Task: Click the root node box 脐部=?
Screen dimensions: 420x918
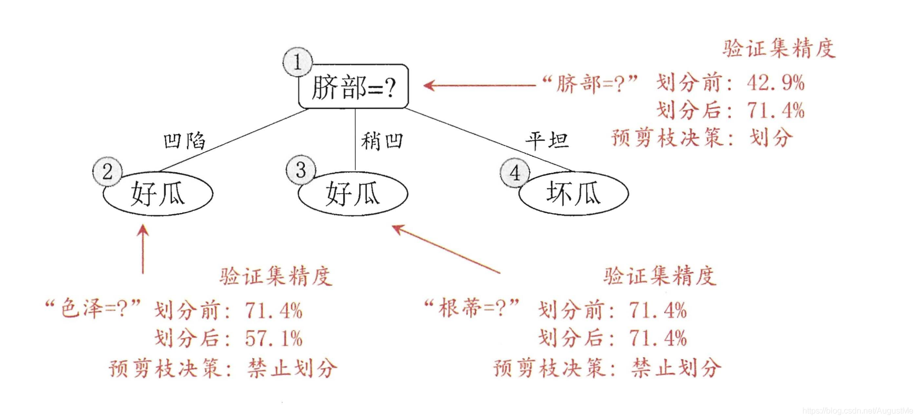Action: pos(353,87)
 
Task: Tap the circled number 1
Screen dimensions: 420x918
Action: pos(297,62)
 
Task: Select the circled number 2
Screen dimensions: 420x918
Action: pos(107,172)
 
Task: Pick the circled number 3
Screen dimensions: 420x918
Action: pos(301,170)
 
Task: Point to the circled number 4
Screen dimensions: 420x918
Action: pos(514,173)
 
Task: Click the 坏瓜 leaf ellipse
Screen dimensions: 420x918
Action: pos(573,194)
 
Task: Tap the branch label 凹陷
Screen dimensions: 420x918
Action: pos(184,141)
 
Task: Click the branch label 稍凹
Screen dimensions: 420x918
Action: pos(382,141)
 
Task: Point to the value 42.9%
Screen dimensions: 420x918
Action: pos(775,83)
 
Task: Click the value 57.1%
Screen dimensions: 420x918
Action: pos(274,338)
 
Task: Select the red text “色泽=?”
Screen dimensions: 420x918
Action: pos(93,309)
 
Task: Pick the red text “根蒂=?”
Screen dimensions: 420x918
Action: pos(472,308)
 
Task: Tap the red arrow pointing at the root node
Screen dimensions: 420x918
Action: pos(480,85)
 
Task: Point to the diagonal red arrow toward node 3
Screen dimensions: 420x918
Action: pos(445,249)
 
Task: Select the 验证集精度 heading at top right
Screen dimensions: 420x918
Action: pos(778,49)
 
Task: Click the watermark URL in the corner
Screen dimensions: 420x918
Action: pos(857,411)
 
